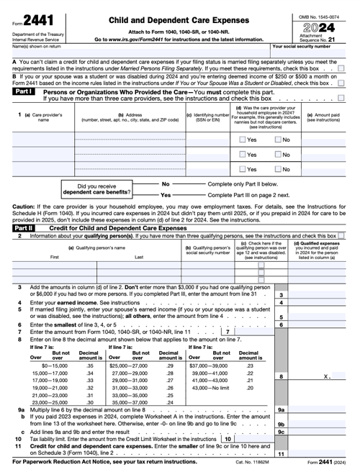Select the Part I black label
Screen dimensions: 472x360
(x=23, y=92)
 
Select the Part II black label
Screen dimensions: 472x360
(x=23, y=227)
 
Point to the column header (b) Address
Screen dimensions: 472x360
(x=130, y=117)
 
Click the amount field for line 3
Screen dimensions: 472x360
(x=320, y=294)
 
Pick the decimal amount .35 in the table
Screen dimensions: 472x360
(x=90, y=366)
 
